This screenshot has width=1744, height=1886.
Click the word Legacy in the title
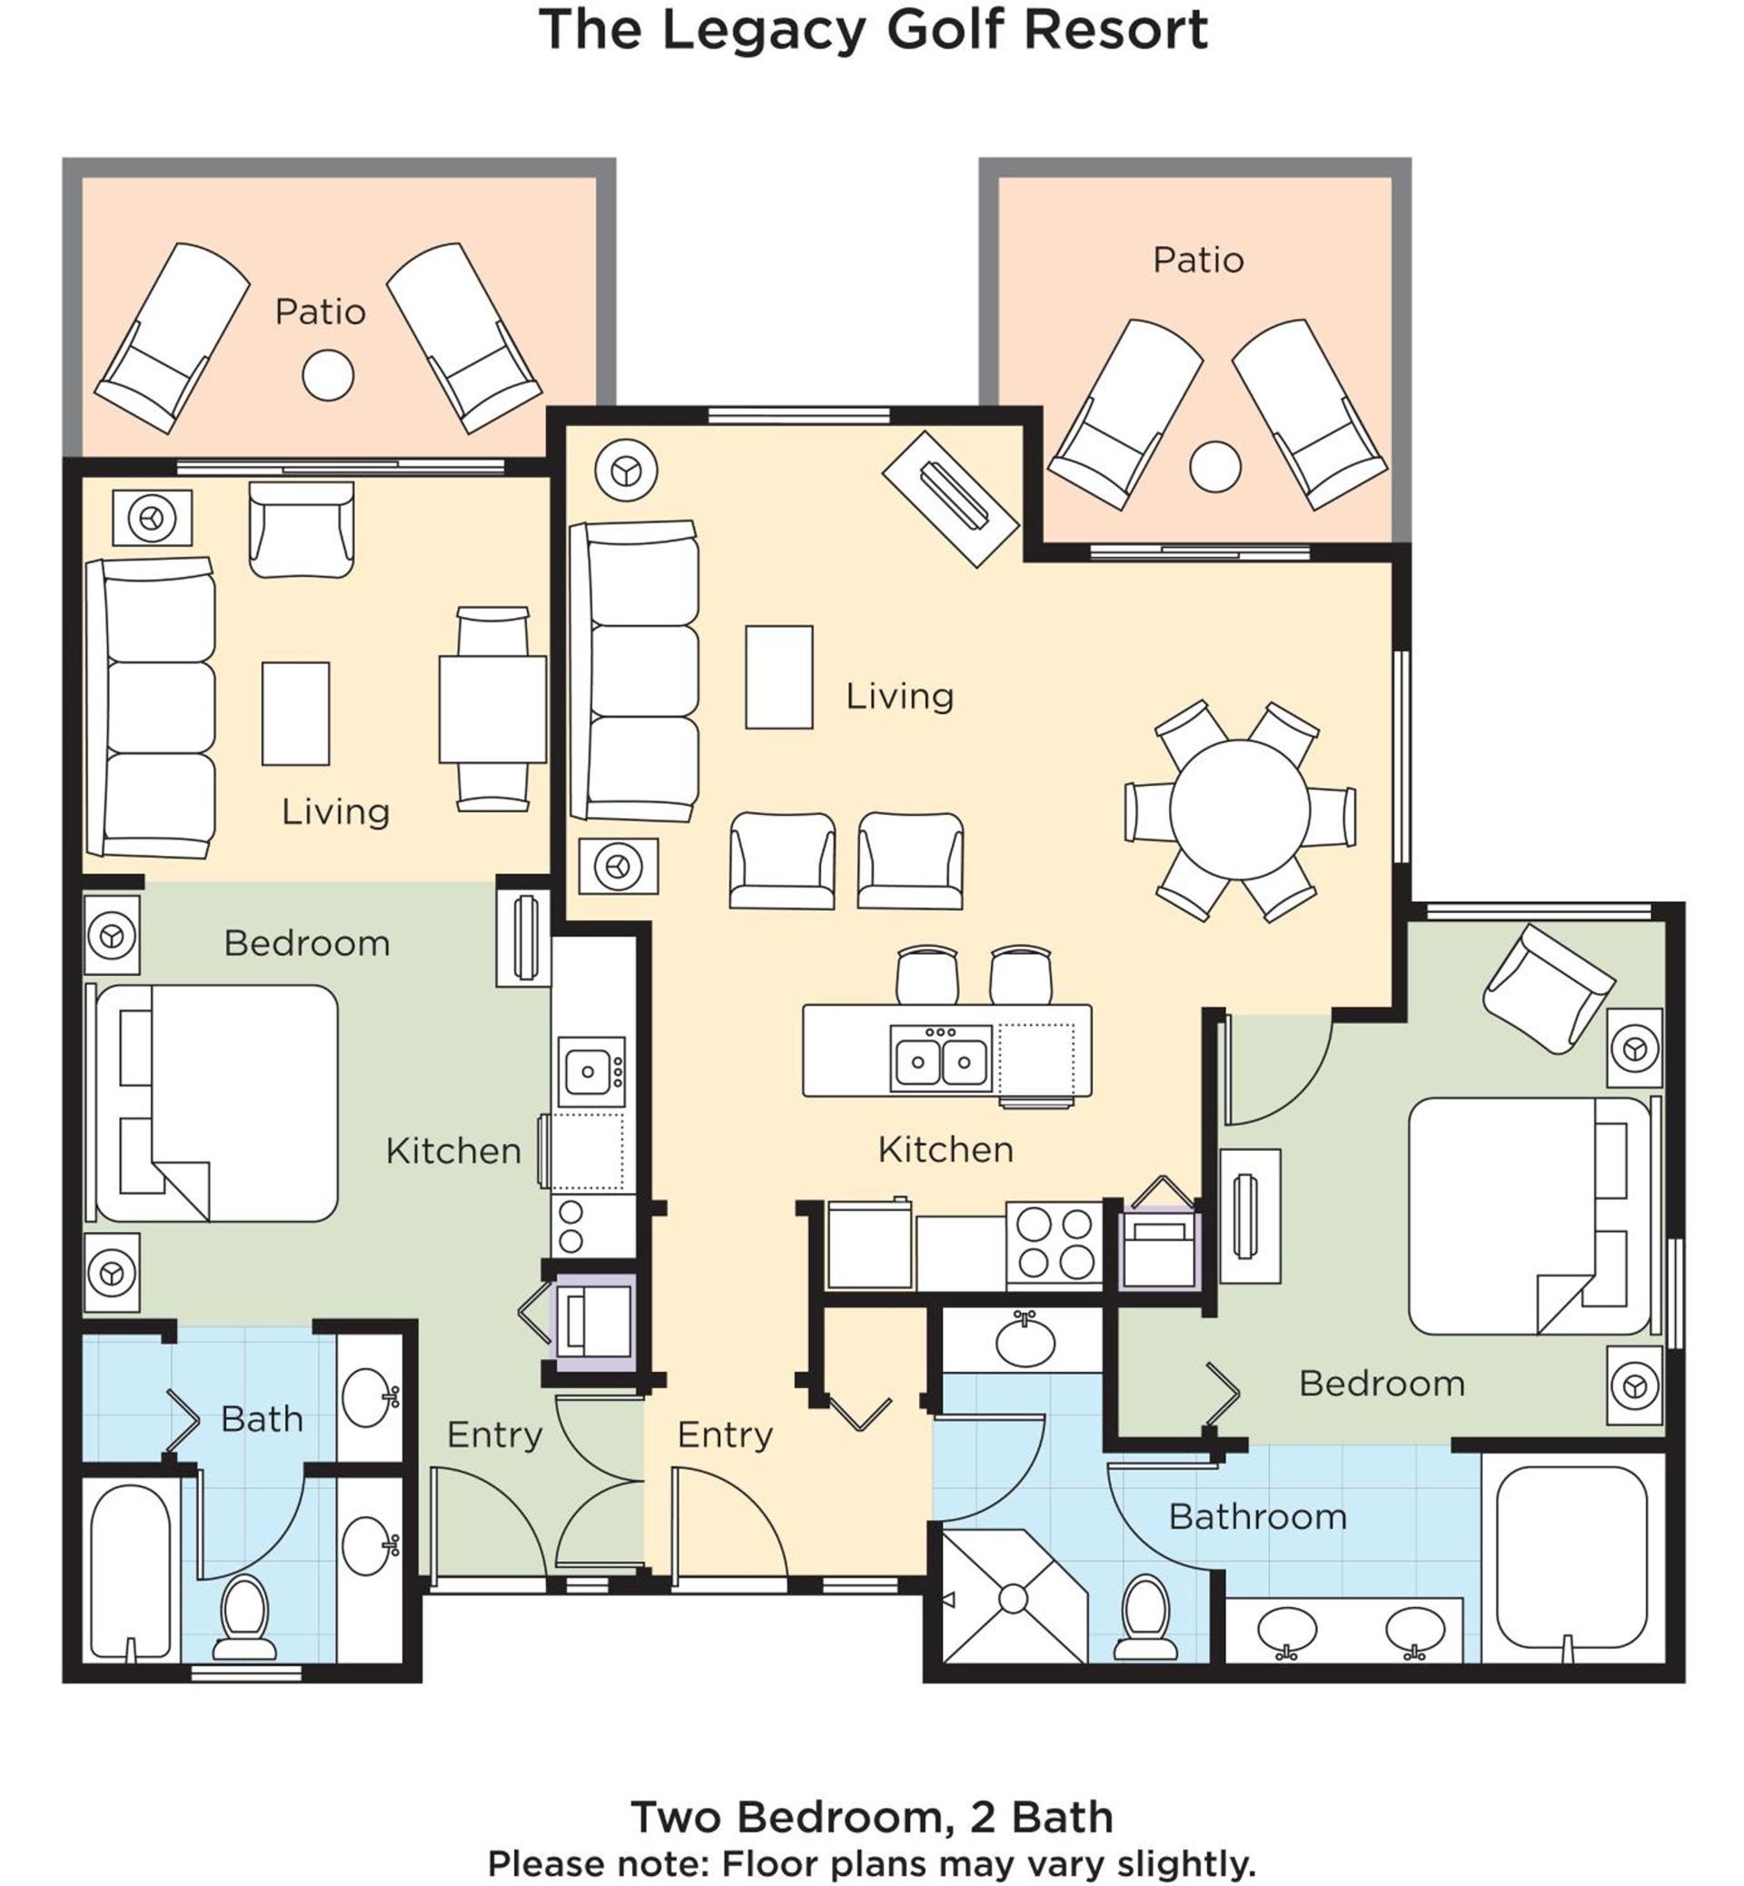click(x=762, y=31)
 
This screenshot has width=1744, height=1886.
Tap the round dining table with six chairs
click(x=1239, y=809)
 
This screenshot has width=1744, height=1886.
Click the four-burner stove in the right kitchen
click(x=1055, y=1245)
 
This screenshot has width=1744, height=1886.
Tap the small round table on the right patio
click(x=1214, y=466)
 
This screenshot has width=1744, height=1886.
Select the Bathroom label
click(x=1257, y=1517)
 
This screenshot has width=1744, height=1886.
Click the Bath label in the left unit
click(x=263, y=1419)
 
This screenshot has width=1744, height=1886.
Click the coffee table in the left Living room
click(x=295, y=714)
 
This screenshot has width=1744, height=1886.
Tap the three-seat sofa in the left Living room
click(x=150, y=708)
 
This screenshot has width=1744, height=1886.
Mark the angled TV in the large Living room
click(x=950, y=500)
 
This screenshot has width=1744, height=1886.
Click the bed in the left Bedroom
click(x=213, y=1104)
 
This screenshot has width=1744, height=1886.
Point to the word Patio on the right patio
click(x=1197, y=260)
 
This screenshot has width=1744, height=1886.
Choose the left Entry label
click(x=494, y=1434)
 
